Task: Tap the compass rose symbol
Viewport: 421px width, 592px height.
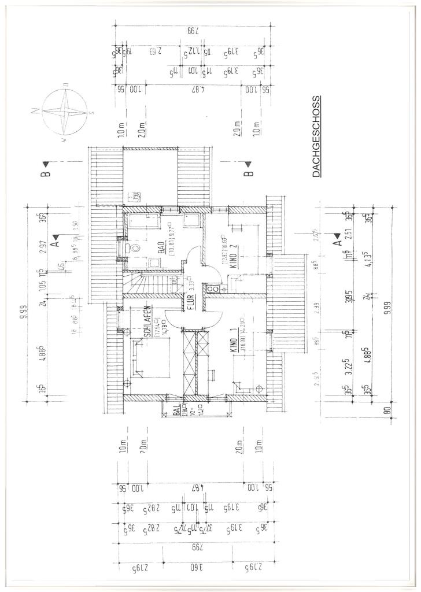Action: click(x=64, y=110)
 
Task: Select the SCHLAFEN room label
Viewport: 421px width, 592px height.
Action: click(x=147, y=321)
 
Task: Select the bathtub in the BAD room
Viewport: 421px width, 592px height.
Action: click(x=147, y=221)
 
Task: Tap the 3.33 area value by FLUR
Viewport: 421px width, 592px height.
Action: click(x=191, y=283)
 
